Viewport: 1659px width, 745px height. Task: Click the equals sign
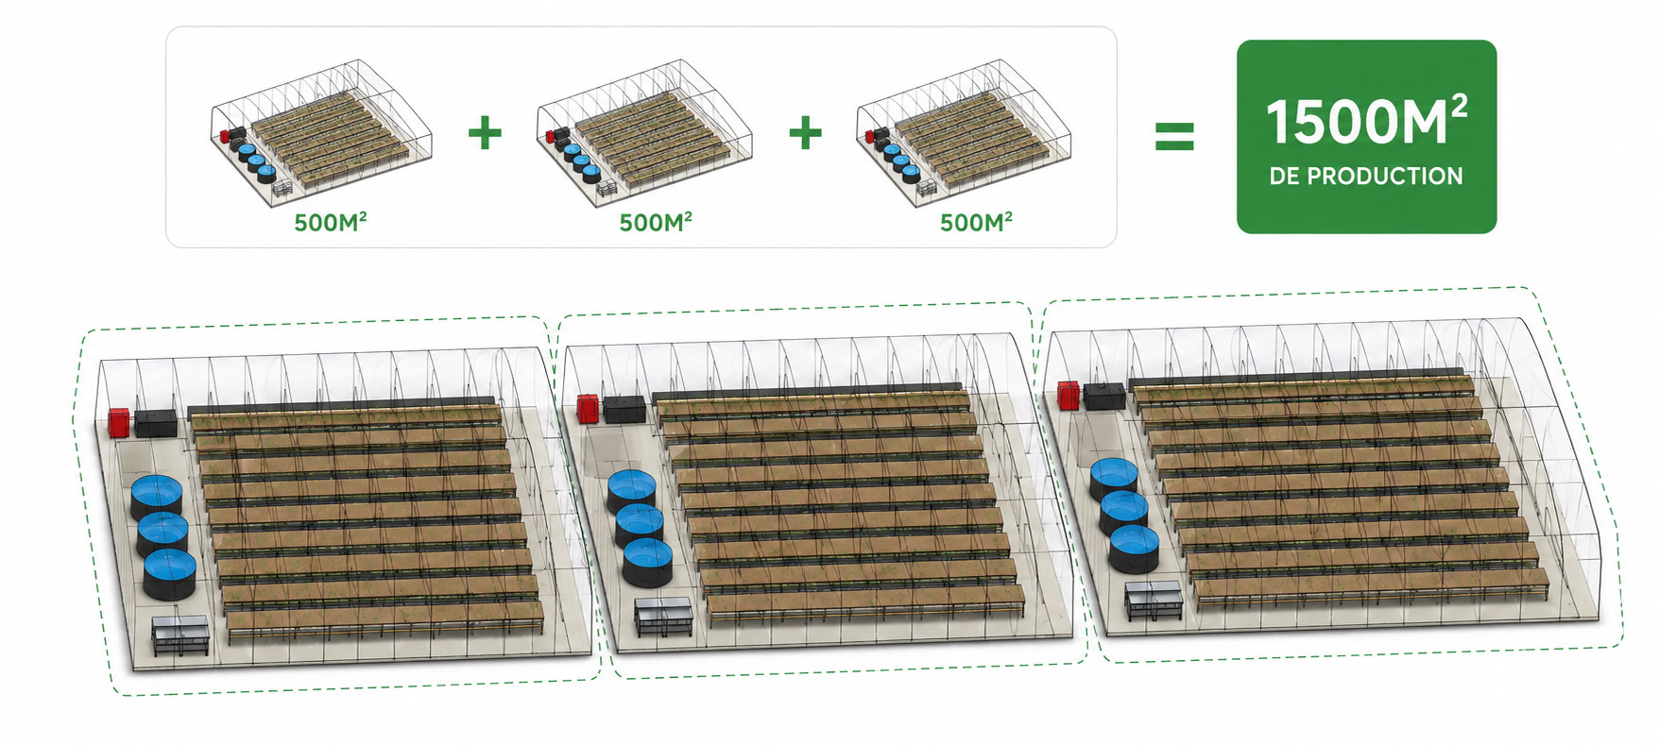coord(1174,136)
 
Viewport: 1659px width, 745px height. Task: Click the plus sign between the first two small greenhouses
coord(485,132)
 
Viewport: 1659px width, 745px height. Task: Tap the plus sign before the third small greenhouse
coord(805,132)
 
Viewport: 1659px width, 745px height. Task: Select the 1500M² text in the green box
coord(1366,122)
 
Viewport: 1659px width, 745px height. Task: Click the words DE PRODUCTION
coord(1366,177)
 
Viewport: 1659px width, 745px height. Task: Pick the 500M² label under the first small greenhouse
coord(330,223)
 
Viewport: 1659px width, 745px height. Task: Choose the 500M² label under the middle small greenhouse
coord(656,223)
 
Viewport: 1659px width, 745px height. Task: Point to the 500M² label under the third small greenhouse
coord(976,223)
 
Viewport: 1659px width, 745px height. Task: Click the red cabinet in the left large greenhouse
coord(119,421)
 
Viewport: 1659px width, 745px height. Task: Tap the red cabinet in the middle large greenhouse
coord(588,409)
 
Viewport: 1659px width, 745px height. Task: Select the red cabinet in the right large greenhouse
coord(1069,395)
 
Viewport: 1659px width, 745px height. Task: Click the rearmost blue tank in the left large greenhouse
coord(156,499)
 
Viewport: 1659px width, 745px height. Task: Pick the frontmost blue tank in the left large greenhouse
coord(170,575)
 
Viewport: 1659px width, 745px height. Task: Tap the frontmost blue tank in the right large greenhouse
coord(1134,549)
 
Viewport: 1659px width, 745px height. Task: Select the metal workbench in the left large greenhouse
coord(180,635)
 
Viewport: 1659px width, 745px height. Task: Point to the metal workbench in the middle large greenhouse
coord(663,616)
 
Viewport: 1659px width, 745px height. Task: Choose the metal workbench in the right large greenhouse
coord(1153,601)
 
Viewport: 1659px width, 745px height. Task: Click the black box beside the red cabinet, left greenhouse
coord(156,422)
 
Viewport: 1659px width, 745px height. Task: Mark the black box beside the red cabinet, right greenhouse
coord(1103,395)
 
